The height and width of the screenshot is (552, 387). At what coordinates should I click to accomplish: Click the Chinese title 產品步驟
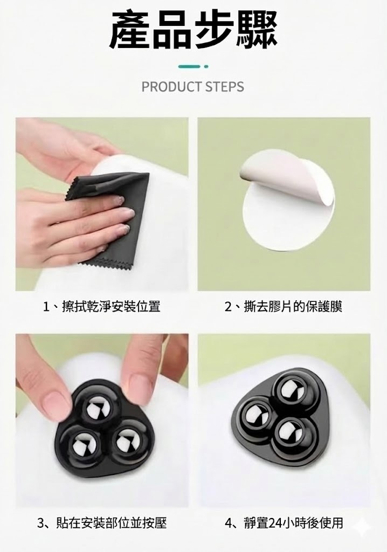click(x=193, y=30)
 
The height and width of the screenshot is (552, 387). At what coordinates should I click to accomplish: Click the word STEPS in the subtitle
click(x=225, y=87)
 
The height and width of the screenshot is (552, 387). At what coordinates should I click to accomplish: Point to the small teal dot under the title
click(x=206, y=66)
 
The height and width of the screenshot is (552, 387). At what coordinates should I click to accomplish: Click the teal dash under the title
click(x=189, y=66)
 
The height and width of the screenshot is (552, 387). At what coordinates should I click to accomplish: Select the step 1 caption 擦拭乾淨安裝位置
click(x=101, y=306)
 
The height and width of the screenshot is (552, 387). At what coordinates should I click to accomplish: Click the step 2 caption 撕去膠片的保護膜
click(x=283, y=306)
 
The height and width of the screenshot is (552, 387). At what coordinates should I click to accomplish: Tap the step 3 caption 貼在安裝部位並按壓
click(x=101, y=523)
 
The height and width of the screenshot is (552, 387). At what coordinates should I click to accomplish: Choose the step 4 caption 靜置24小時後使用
click(x=284, y=523)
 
